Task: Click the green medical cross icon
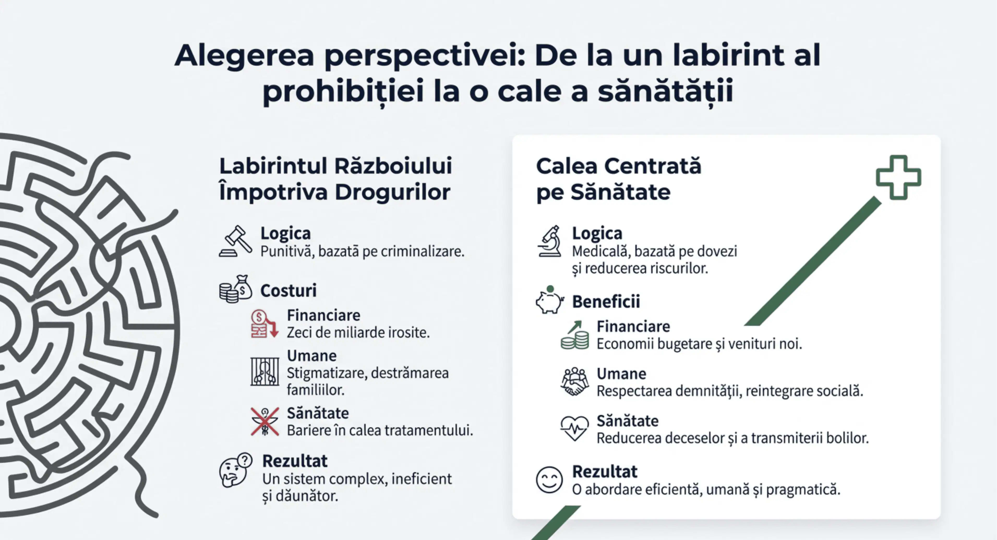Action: coord(898,178)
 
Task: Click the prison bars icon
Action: coord(265,372)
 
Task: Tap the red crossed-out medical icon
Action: coord(265,422)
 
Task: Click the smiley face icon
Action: coord(549,480)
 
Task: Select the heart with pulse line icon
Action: coord(574,428)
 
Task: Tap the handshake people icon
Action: coord(575,381)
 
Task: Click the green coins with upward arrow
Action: coord(575,336)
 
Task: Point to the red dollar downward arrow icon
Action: coord(264,324)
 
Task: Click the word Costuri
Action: coord(288,291)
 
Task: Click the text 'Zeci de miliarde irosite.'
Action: coord(358,333)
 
